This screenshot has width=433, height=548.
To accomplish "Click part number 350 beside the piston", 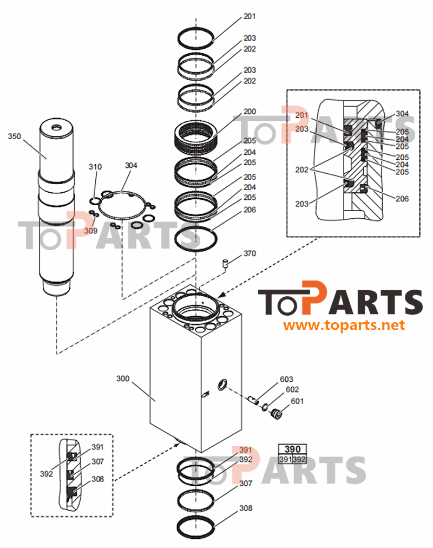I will click(x=14, y=136).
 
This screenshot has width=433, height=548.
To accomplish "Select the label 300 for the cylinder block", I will click(x=123, y=379).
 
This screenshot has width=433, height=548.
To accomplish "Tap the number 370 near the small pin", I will click(x=250, y=253).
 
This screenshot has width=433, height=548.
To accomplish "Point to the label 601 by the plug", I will click(x=297, y=401).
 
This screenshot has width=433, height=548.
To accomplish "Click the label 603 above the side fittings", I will click(x=286, y=379).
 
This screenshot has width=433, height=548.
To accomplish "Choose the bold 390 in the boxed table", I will click(x=292, y=449).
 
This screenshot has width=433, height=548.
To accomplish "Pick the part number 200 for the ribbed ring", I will click(x=250, y=112).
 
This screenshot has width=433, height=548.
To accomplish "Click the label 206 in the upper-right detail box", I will click(x=402, y=199).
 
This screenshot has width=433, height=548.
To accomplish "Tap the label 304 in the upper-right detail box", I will click(x=402, y=114).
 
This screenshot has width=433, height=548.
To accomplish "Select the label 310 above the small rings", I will click(x=95, y=167).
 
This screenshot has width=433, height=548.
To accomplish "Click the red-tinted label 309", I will click(x=90, y=231).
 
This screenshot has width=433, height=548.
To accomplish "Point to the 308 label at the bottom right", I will click(x=246, y=508).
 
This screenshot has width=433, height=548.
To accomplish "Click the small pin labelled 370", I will click(x=225, y=264).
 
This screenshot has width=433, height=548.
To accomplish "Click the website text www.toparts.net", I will click(x=344, y=325).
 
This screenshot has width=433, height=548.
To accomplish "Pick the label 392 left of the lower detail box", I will click(x=46, y=474).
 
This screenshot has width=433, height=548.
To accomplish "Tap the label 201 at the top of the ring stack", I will click(x=250, y=16).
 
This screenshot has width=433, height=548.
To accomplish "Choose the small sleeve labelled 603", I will click(x=252, y=401).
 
